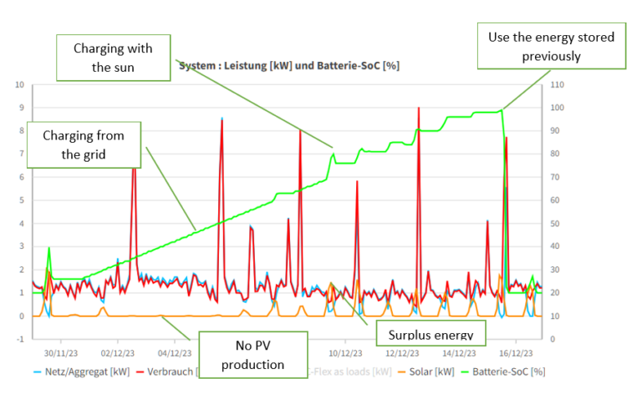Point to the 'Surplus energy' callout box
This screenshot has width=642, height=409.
pyautogui.click(x=431, y=335)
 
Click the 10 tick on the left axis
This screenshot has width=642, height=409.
pyautogui.click(x=20, y=84)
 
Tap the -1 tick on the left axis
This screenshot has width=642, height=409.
pyautogui.click(x=20, y=339)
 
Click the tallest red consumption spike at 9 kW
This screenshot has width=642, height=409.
pyautogui.click(x=418, y=109)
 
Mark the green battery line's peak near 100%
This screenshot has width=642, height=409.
pyautogui.click(x=501, y=109)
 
